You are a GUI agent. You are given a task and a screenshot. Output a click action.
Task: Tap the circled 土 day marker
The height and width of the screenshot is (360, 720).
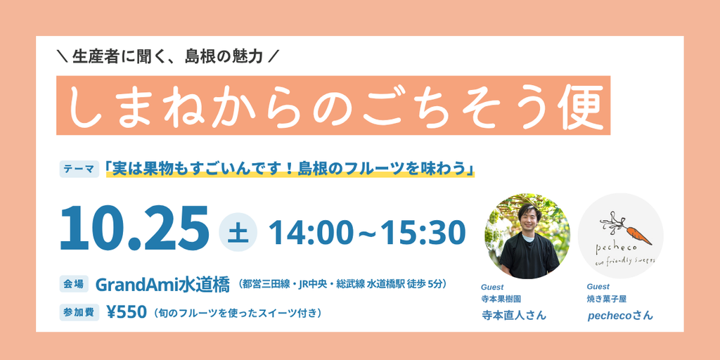(238, 232)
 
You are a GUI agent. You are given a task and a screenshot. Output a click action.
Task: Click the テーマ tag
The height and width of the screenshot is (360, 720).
(79, 169)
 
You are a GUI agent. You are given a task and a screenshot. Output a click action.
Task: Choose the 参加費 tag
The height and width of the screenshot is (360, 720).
(79, 312)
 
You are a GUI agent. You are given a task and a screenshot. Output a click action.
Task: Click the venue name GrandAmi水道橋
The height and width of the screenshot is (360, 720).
(162, 285)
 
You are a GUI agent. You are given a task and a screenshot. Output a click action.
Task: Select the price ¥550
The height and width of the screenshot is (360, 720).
(127, 312)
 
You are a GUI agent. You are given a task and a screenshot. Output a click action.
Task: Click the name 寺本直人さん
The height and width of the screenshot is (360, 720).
(514, 316)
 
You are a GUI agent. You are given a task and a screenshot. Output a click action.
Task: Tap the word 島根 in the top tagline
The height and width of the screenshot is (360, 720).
(198, 56)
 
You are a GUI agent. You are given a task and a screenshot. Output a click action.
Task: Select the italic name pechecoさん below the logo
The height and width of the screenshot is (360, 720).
(620, 316)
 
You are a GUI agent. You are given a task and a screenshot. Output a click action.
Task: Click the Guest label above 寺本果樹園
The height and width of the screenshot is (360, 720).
(491, 287)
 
